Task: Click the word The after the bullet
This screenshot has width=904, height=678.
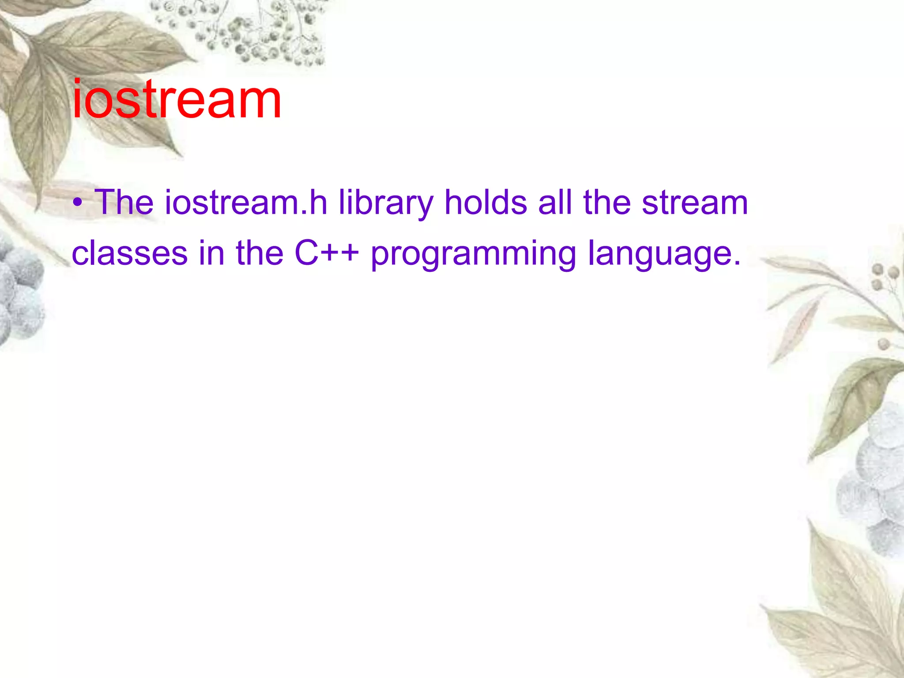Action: pyautogui.click(x=124, y=203)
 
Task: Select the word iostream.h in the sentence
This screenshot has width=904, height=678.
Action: pyautogui.click(x=246, y=203)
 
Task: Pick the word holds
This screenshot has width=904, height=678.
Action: pyautogui.click(x=486, y=203)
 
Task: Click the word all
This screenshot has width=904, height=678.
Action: pyautogui.click(x=555, y=203)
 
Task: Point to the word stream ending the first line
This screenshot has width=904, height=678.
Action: pyautogui.click(x=695, y=203)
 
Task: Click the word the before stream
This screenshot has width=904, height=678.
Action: pyautogui.click(x=607, y=203)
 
